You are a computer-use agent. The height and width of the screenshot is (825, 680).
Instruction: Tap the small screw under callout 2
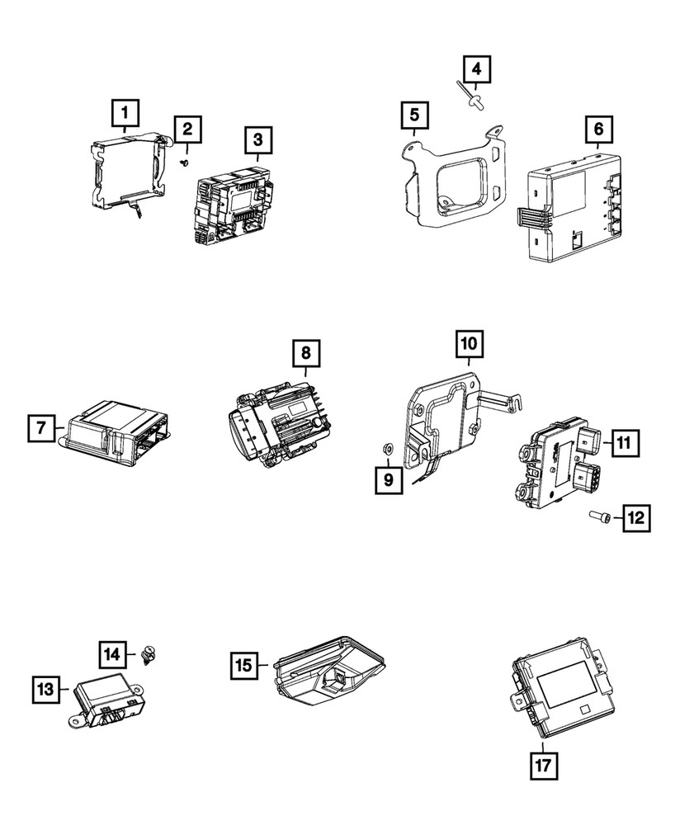point(186,163)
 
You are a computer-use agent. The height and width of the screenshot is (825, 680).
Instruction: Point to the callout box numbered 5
point(414,115)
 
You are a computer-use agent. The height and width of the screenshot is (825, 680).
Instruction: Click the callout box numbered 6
point(598,130)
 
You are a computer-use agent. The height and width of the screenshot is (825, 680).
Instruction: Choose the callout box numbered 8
point(305,353)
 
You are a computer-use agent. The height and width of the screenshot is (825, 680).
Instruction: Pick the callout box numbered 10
point(468,342)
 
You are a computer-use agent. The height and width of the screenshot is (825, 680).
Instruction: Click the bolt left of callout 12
point(599,516)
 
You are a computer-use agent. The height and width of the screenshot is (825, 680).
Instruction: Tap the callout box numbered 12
point(635,518)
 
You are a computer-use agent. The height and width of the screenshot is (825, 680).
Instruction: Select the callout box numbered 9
point(388,478)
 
